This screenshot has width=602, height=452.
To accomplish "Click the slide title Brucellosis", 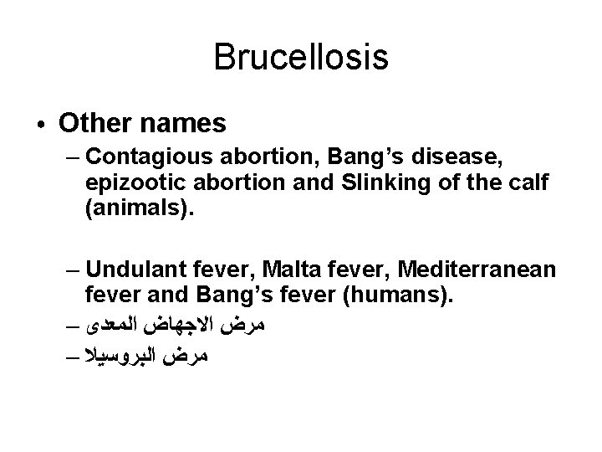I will (x=300, y=58).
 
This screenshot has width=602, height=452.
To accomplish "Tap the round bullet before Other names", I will (x=41, y=125).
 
